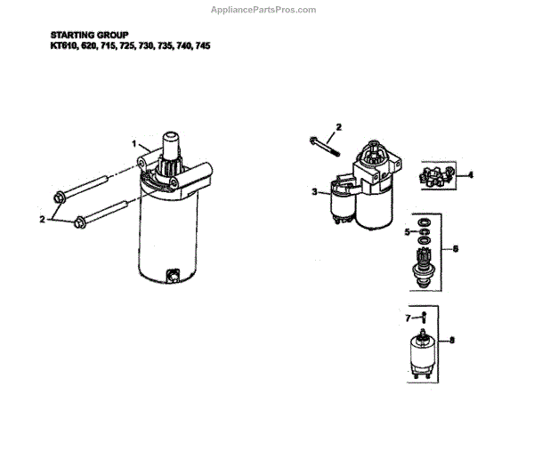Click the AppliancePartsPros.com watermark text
click(263, 10)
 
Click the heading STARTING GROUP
click(90, 35)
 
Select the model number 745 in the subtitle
click(203, 45)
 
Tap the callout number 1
click(134, 144)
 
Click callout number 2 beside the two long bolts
click(42, 219)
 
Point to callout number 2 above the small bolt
click(338, 127)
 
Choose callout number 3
click(314, 192)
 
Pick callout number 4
click(470, 175)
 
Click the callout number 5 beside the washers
click(408, 232)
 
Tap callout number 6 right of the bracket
click(456, 249)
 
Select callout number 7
click(408, 318)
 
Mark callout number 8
click(452, 340)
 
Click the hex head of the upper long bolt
click(60, 197)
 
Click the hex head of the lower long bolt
click(80, 222)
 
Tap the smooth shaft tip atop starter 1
click(171, 143)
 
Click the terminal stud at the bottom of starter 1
click(173, 276)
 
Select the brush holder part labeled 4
click(437, 175)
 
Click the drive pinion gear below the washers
click(424, 268)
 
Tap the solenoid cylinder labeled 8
click(423, 354)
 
